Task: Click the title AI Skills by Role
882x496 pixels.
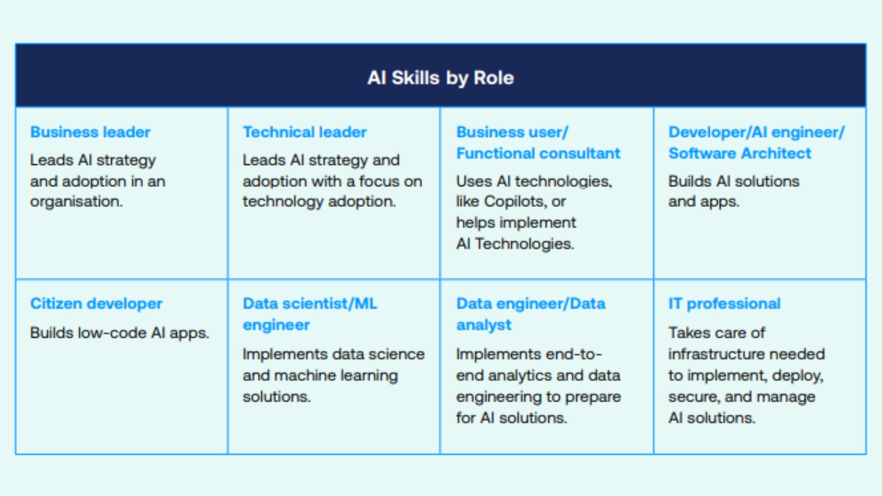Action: coord(441,78)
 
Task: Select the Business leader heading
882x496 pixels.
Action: coord(90,132)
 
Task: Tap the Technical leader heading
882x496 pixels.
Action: coord(305,132)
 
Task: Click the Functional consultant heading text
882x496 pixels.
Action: coord(538,153)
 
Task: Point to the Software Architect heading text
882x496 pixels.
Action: coord(740,153)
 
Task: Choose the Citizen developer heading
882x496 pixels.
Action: coord(96,304)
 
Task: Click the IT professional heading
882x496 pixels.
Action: coord(724,304)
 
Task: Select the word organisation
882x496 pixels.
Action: coord(76,202)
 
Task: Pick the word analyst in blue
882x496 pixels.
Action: coord(483,325)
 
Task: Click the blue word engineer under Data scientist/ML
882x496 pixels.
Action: coord(276,325)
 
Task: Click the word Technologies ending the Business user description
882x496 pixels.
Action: coord(524,244)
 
